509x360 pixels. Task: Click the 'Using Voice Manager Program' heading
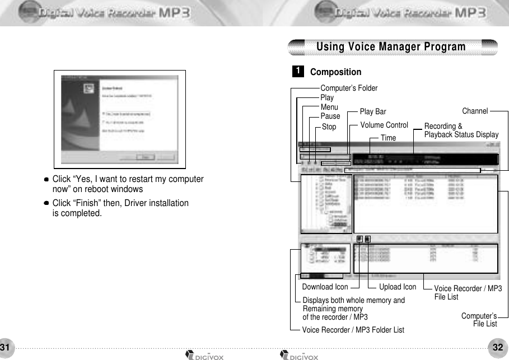(x=391, y=46)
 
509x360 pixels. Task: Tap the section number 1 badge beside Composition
(x=300, y=71)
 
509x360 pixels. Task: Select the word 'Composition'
(x=335, y=72)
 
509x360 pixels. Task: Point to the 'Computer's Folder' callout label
(x=348, y=88)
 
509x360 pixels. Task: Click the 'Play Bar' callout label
(x=373, y=111)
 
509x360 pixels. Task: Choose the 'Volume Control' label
(x=384, y=125)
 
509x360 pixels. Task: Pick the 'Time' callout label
(x=388, y=138)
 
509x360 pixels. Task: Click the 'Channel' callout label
(x=475, y=111)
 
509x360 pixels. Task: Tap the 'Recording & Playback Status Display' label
(x=461, y=130)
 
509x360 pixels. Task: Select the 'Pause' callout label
(x=330, y=116)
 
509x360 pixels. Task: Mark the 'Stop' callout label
(x=329, y=127)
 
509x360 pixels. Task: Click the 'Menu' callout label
(x=329, y=107)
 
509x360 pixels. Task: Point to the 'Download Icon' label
(x=325, y=287)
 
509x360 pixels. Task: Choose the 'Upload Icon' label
(x=398, y=287)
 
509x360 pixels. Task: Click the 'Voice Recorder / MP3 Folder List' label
(x=353, y=330)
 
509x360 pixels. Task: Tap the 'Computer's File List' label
(x=479, y=320)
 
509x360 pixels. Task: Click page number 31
(x=6, y=347)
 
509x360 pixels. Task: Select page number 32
(x=498, y=347)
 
